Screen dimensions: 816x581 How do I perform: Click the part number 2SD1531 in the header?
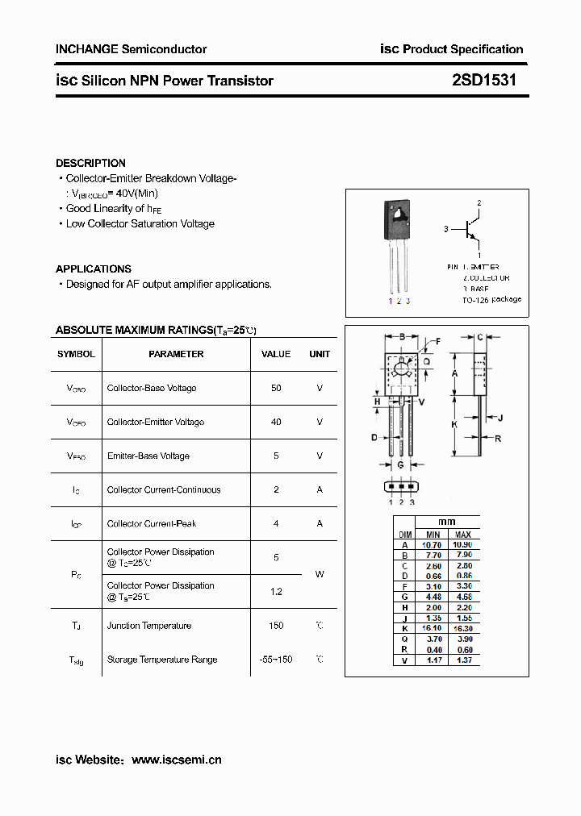[x=484, y=81]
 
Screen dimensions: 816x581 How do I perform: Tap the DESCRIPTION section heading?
[x=90, y=163]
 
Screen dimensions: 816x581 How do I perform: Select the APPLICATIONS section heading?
[x=93, y=269]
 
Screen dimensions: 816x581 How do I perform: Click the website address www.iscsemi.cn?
[x=176, y=760]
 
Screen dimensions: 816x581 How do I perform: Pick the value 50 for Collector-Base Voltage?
[x=276, y=388]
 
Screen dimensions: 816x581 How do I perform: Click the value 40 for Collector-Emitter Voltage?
[x=276, y=422]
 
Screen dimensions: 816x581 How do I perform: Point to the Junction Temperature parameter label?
[x=149, y=626]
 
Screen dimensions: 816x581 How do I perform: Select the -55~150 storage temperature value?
[x=276, y=660]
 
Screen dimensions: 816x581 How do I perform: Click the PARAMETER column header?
[x=176, y=354]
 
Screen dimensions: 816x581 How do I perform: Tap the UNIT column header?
[x=320, y=354]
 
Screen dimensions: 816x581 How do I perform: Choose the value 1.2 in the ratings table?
[x=276, y=592]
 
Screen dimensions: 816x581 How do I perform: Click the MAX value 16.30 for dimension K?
[x=463, y=627]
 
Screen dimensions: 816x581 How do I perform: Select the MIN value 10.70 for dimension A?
[x=433, y=545]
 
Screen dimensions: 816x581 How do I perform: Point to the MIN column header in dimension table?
[x=433, y=535]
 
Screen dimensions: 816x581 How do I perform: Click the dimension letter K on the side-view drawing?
[x=454, y=423]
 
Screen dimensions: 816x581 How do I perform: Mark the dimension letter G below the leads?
[x=400, y=464]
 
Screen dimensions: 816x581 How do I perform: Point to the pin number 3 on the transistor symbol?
[x=445, y=230]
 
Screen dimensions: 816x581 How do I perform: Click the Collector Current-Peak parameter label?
[x=152, y=523]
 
